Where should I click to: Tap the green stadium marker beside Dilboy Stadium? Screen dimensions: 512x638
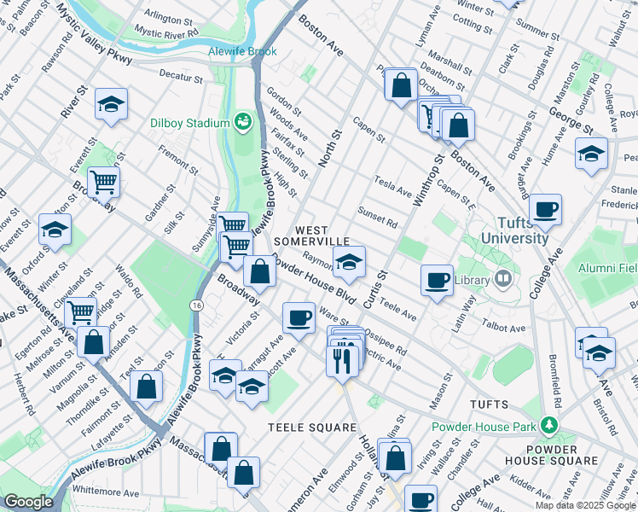241,123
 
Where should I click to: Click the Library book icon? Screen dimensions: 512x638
503,279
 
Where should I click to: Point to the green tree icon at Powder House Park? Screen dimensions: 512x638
551,424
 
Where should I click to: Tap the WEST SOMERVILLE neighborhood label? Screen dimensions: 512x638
323,236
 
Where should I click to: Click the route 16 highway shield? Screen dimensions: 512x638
197,305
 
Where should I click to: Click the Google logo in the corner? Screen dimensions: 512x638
28,501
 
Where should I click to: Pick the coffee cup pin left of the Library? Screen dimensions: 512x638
438,280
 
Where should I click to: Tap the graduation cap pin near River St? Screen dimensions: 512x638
111,104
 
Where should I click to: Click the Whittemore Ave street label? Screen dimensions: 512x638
106,492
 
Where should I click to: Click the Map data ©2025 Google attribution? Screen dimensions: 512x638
585,505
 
